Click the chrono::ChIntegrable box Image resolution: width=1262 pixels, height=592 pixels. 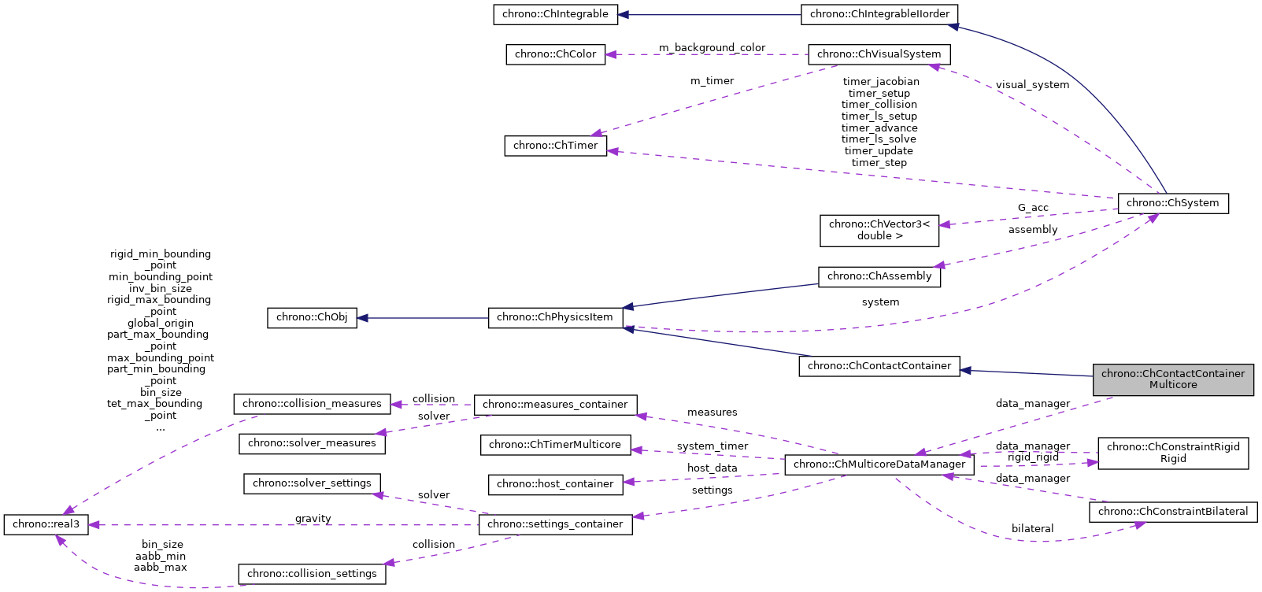555,14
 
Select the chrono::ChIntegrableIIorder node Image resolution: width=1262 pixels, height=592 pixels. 879,14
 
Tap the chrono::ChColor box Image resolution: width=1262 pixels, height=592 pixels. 555,54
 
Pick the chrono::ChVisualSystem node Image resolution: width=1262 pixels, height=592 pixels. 879,54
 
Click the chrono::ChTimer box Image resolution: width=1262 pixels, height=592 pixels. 555,146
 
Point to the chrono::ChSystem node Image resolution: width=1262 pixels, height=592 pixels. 1172,203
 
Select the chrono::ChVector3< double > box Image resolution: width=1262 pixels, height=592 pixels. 879,230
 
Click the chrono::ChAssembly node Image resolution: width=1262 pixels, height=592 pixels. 879,276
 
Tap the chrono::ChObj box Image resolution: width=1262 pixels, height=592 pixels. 312,317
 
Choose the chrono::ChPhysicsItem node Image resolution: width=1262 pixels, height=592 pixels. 554,317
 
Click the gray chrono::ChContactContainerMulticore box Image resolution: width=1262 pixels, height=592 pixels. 1172,379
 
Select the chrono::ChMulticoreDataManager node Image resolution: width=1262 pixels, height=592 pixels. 879,464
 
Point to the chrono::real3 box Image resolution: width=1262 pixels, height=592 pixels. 46,524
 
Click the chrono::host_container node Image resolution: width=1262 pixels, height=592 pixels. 554,484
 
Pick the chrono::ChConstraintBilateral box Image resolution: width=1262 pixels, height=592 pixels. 1172,512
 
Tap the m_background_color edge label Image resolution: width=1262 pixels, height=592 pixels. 712,48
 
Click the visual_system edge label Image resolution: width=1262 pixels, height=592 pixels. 1032,85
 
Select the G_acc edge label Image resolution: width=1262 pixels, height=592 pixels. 1033,208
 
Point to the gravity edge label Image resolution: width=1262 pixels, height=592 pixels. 313,519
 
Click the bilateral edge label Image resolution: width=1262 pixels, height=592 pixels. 1032,529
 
